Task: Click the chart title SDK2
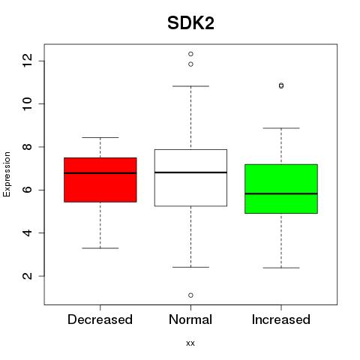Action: [190, 23]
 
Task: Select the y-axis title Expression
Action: [7, 174]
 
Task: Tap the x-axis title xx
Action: [190, 343]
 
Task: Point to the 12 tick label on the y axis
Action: [27, 61]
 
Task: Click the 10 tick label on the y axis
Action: [27, 103]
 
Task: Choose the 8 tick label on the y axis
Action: [27, 147]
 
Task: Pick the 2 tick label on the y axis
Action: [27, 276]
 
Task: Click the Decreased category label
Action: [100, 319]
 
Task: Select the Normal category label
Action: [190, 319]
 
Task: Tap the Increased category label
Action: [281, 319]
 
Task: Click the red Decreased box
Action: [100, 180]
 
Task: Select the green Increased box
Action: [281, 189]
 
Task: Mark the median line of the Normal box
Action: [190, 172]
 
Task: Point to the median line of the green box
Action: [281, 193]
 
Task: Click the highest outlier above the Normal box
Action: [190, 54]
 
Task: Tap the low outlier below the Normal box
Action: [190, 295]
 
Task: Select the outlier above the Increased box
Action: [281, 85]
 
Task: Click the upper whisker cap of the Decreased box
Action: [100, 137]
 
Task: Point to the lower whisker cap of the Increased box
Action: [281, 268]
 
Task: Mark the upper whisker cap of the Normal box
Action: [190, 86]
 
